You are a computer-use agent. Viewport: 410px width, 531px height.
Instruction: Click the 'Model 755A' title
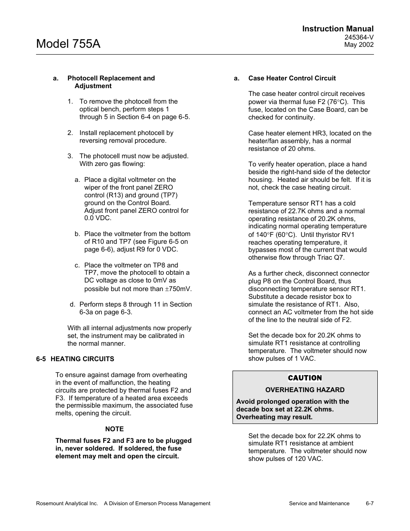pos(68,43)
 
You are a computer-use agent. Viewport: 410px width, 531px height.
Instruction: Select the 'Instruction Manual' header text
pos(337,29)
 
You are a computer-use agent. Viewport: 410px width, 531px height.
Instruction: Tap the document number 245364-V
pos(359,37)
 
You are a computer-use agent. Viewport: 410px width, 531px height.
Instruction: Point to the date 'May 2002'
pos(359,45)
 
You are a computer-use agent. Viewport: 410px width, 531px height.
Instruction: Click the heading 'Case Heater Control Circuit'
pos(292,78)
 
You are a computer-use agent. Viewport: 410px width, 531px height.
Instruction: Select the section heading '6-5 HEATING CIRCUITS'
pos(75,359)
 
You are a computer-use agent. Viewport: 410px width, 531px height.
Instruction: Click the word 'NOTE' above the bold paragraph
pos(114,429)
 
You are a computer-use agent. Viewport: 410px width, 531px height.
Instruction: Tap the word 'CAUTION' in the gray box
pos(305,378)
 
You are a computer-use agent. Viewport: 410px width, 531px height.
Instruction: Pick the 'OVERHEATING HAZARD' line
pos(305,390)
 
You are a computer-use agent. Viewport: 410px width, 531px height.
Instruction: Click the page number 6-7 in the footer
pos(370,503)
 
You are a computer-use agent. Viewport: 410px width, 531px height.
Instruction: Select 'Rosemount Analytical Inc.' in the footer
pos(67,503)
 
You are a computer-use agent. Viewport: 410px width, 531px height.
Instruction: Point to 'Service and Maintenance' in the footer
pos(319,503)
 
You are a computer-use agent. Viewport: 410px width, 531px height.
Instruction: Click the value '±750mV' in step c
pos(178,289)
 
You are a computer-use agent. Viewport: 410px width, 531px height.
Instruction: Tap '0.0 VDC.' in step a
pos(98,218)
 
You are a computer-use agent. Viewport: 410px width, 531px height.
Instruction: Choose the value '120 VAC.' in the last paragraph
pos(309,459)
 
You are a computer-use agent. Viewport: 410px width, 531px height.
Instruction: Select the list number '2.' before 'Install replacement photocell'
pos(70,133)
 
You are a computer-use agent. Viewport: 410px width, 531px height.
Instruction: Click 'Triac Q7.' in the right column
pos(330,258)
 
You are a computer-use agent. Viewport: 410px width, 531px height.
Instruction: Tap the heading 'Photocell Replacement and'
pos(111,78)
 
